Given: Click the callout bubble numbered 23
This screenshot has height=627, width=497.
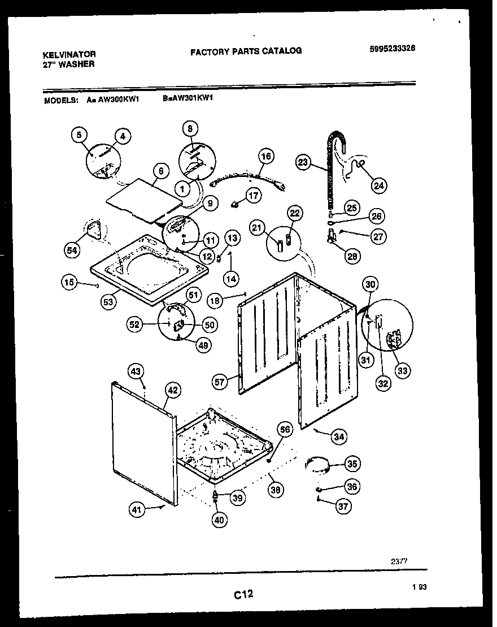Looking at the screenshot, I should (303, 163).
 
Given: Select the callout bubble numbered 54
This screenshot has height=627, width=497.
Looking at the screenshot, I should (72, 250).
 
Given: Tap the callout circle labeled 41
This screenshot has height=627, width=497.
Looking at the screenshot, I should (137, 510).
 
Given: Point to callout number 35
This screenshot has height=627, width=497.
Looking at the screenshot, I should (352, 464).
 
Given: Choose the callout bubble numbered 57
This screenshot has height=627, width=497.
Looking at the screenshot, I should (220, 382).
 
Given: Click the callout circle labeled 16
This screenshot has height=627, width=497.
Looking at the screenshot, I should (265, 156).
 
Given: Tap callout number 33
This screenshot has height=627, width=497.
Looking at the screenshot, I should (403, 370).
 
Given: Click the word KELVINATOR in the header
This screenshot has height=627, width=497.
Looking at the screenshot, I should (69, 54).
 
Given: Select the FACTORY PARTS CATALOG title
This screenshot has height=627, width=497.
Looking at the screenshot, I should (246, 51).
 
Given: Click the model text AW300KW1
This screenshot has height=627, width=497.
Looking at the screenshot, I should (120, 98).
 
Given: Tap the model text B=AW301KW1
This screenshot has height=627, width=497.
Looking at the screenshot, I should (187, 98).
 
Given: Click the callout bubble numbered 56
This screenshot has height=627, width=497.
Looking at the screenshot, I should (285, 430).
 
